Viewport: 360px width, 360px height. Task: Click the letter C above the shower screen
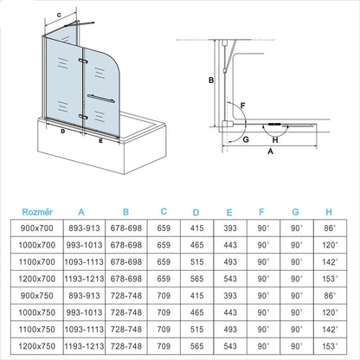(x=58, y=16)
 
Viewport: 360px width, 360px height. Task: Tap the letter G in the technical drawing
(x=246, y=137)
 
